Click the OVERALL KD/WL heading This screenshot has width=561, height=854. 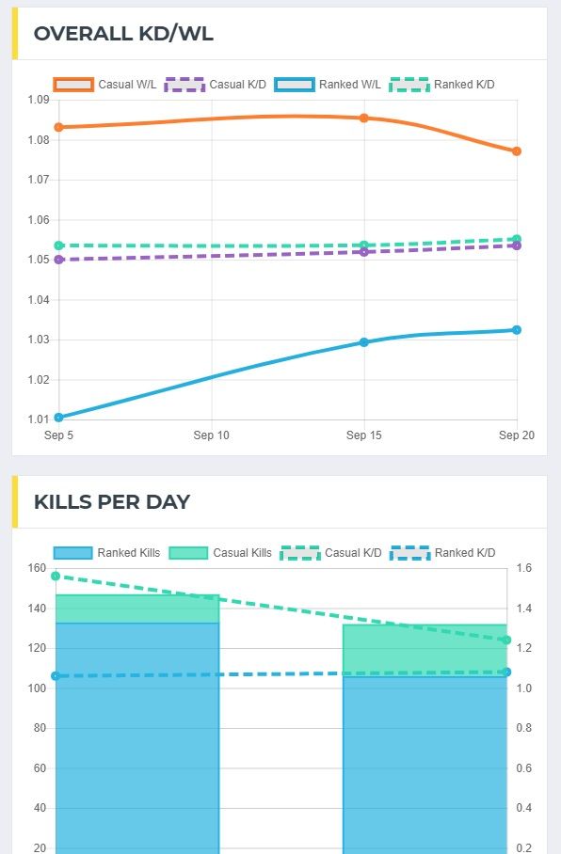123,34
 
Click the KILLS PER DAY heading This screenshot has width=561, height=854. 112,501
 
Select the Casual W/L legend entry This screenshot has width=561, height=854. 105,85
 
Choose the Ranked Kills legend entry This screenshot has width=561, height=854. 107,553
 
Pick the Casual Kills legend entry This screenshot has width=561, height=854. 220,553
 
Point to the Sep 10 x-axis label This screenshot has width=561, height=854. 211,435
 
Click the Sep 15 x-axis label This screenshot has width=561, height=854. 363,435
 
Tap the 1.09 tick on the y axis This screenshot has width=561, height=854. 38,100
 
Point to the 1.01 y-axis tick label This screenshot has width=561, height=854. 38,419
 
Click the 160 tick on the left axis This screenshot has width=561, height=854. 38,568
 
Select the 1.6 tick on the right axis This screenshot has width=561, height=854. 523,568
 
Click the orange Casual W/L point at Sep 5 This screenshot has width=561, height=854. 58,127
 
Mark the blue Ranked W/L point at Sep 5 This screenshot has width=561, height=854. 58,417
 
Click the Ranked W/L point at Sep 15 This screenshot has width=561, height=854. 364,342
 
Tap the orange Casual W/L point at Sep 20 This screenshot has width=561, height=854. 517,151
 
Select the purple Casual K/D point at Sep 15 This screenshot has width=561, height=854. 364,252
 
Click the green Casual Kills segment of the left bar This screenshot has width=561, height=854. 137,609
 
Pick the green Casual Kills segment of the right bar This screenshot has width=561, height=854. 425,649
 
